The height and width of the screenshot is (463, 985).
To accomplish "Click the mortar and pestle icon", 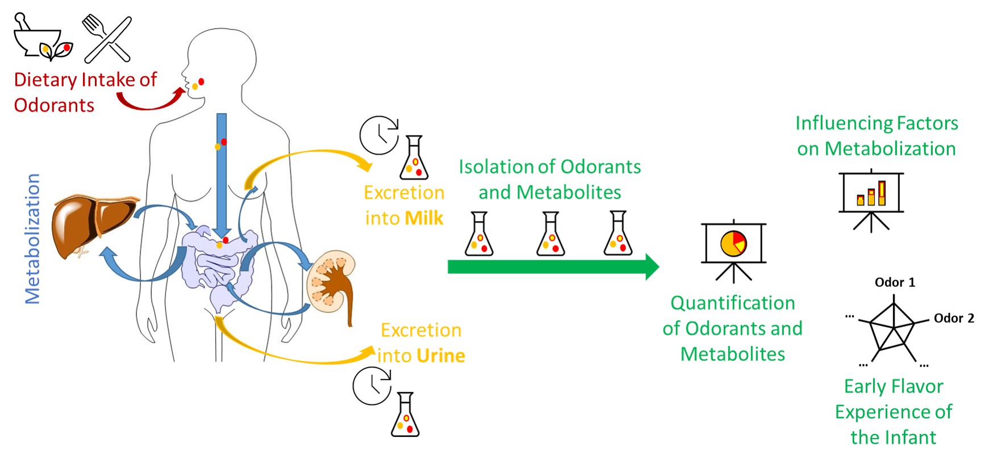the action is click(x=43, y=37).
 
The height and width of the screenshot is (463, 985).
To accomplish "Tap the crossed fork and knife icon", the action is click(x=107, y=38).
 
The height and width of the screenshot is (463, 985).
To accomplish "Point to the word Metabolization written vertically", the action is click(x=32, y=239).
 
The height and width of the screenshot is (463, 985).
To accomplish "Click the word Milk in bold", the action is click(x=424, y=218).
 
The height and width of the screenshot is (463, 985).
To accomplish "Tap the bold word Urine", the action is click(x=440, y=356).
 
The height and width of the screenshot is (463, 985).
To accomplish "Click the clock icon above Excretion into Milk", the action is click(x=379, y=135).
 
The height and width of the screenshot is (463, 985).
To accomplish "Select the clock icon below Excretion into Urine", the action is click(x=372, y=386).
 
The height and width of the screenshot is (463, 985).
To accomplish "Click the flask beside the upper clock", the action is click(x=414, y=158).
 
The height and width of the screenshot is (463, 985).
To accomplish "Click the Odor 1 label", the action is click(x=895, y=282).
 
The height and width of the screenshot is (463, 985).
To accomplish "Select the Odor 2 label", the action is click(x=954, y=318).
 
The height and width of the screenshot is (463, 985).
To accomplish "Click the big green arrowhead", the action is click(x=652, y=266).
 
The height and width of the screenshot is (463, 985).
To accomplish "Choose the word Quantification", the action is click(x=733, y=303).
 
